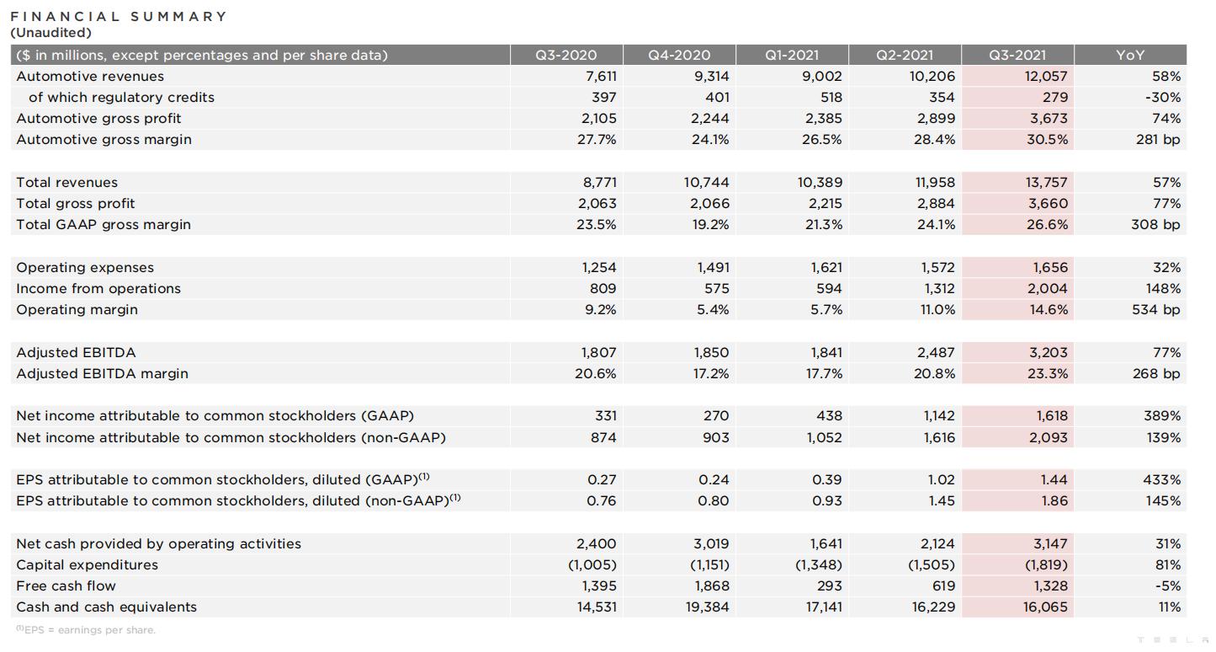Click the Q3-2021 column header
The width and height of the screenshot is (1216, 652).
(x=1017, y=55)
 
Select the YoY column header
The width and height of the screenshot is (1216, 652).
(x=1129, y=55)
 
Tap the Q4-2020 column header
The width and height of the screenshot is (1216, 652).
(x=678, y=55)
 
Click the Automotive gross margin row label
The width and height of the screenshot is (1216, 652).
(x=104, y=140)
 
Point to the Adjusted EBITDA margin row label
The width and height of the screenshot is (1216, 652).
(x=102, y=374)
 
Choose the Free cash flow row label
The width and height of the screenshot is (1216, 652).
(x=66, y=585)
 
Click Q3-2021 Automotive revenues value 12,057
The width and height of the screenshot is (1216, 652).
(x=1045, y=76)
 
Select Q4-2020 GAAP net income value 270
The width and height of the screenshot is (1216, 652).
(x=716, y=415)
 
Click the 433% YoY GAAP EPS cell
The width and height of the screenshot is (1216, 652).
(x=1161, y=480)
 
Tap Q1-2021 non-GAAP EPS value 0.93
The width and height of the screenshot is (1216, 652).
(x=826, y=501)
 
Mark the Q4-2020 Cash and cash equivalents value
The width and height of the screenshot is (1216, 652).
(x=707, y=607)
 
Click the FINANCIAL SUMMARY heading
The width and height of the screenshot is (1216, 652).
(x=119, y=16)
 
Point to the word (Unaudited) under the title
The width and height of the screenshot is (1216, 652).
(x=51, y=33)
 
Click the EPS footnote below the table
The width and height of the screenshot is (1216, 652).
(x=86, y=630)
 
